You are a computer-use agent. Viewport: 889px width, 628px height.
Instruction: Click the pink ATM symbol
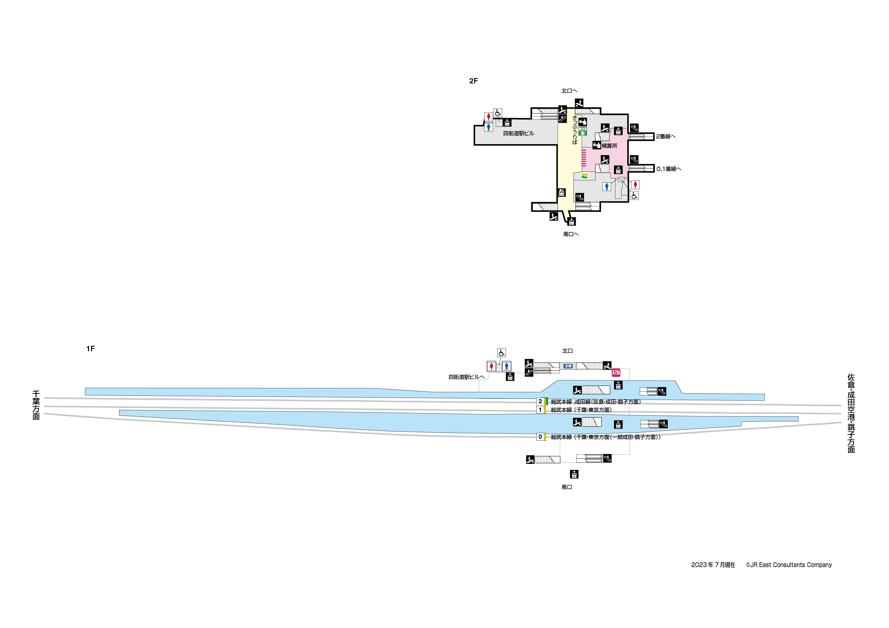click(x=616, y=373)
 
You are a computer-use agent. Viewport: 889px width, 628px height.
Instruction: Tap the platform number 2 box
click(x=540, y=401)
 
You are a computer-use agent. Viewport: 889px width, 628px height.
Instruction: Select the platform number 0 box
click(x=540, y=437)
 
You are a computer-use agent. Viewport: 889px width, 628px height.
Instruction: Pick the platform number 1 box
click(x=540, y=410)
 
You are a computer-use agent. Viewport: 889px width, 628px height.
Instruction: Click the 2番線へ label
click(x=665, y=136)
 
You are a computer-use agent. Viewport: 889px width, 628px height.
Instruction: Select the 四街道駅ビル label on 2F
click(x=518, y=133)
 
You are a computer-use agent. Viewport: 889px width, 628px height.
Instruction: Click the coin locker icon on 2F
click(x=561, y=192)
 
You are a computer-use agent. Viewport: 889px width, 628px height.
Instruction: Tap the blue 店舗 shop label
click(x=568, y=366)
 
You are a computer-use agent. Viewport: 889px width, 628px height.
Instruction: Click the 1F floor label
click(x=90, y=349)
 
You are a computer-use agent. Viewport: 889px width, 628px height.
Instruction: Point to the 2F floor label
click(x=473, y=81)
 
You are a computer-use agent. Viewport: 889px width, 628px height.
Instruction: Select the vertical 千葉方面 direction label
click(x=36, y=405)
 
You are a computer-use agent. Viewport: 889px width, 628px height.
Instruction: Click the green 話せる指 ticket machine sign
click(x=582, y=131)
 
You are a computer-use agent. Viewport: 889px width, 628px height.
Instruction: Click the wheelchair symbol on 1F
click(x=501, y=352)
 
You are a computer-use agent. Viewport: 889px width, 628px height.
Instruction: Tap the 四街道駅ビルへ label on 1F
click(x=466, y=377)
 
